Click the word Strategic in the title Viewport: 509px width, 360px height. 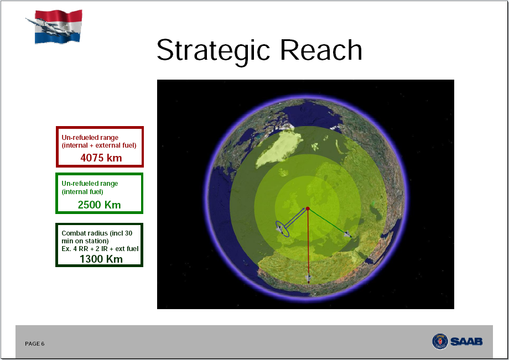(x=213, y=50)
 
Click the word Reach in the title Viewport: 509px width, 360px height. (x=321, y=50)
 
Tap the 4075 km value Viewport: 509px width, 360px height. (x=101, y=158)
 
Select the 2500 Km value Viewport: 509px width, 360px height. (x=100, y=205)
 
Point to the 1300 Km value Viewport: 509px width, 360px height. (x=101, y=259)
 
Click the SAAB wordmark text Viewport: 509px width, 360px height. (x=466, y=342)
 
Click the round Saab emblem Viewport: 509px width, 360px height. (x=440, y=342)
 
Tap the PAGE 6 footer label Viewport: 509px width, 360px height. (x=35, y=344)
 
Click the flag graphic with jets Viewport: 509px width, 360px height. (x=55, y=26)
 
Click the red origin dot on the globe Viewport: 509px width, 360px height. (x=308, y=208)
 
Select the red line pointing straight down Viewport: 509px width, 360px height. (x=308, y=247)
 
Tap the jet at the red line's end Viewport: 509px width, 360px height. (x=308, y=278)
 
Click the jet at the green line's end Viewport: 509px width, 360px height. (x=347, y=234)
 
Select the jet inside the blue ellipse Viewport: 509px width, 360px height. (x=279, y=229)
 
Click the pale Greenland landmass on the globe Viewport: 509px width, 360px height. (x=279, y=148)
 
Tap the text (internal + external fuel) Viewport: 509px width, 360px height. (x=99, y=145)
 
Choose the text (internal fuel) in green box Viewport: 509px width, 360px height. (x=82, y=192)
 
